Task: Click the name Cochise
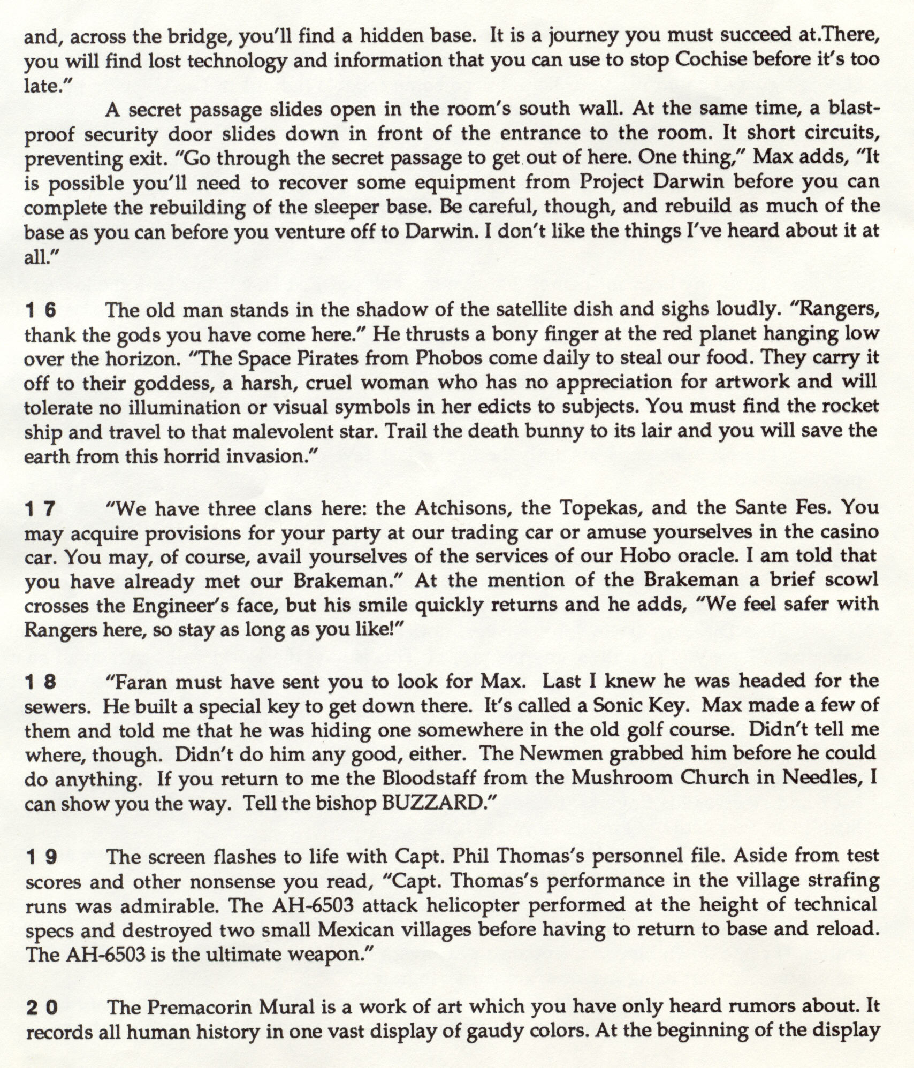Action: pyautogui.click(x=711, y=60)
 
